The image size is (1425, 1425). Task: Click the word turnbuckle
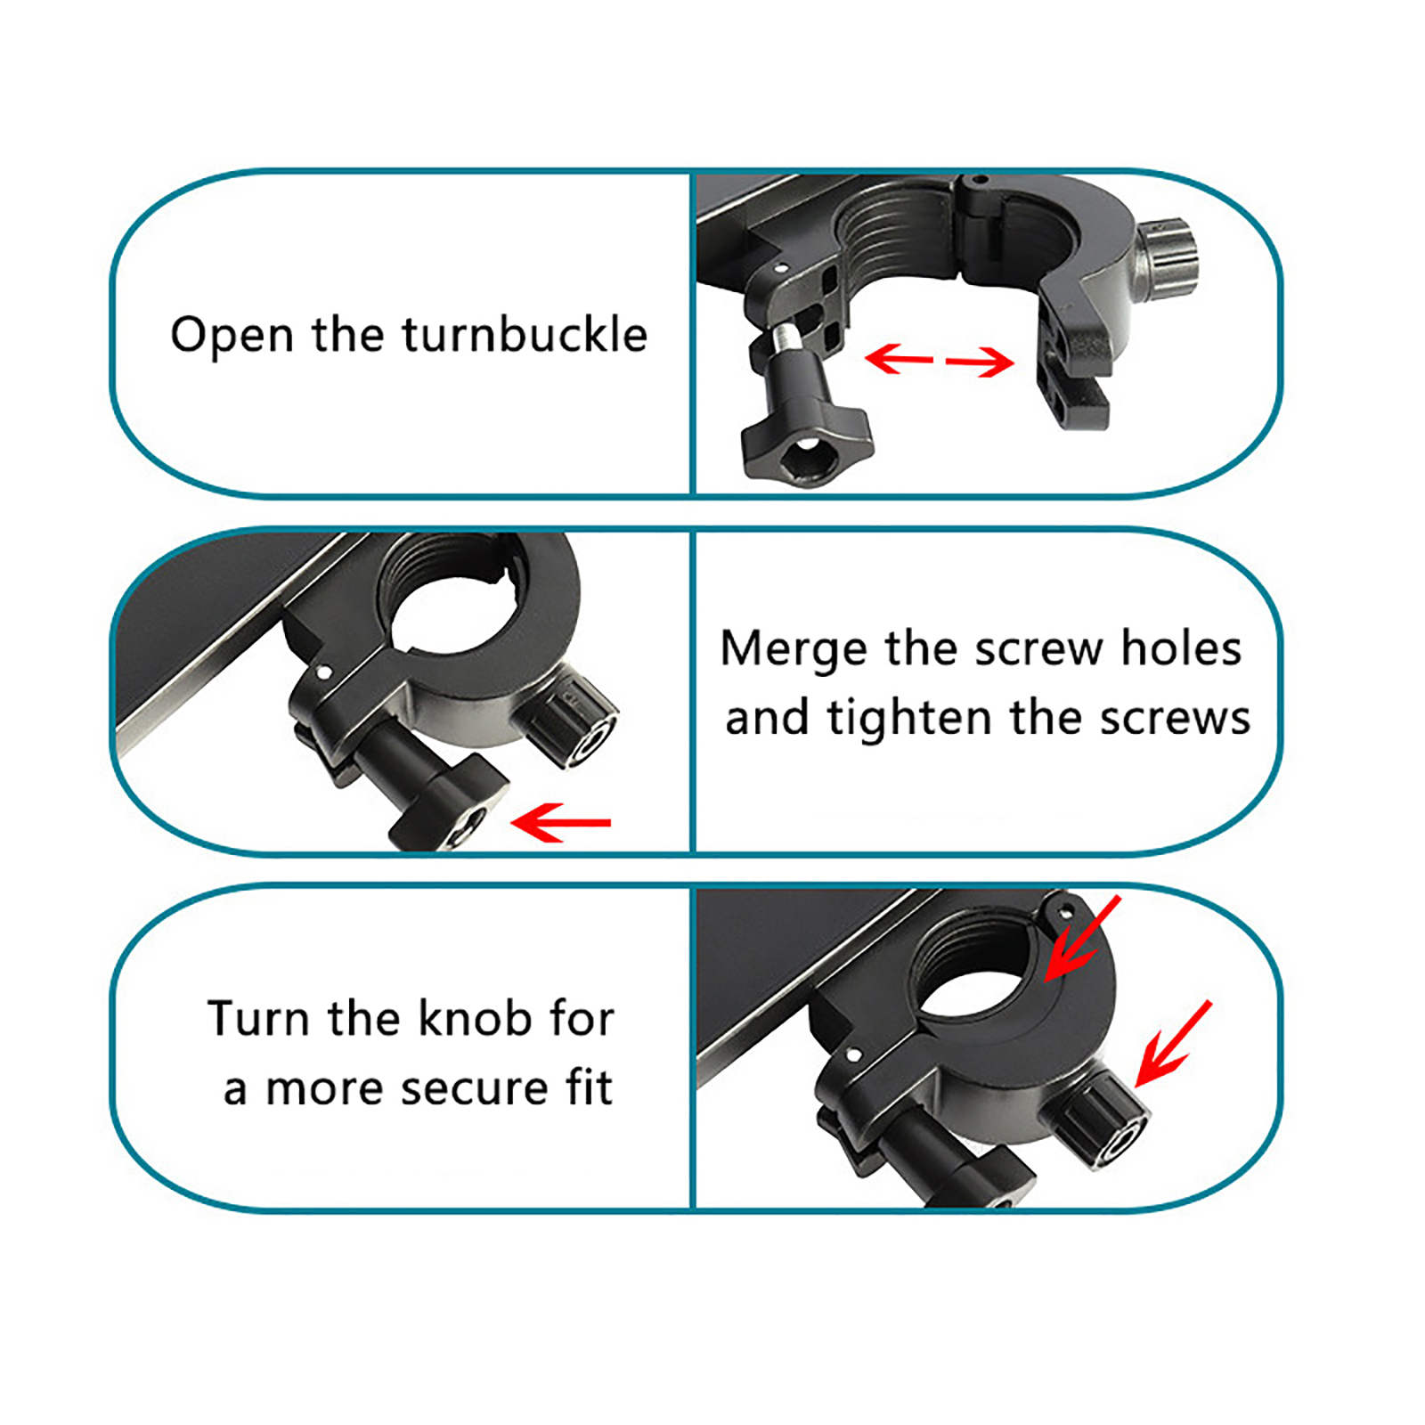525,335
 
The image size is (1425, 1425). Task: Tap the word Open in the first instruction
232,337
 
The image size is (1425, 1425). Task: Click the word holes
1181,647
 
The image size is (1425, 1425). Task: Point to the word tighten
909,719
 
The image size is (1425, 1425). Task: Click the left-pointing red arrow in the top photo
899,359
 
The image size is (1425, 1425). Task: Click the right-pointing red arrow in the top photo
980,362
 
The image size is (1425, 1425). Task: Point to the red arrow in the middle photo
561,822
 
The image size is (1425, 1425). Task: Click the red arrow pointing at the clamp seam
1080,939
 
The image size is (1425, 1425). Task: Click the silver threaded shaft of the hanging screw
786,338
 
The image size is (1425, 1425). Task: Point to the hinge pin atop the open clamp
977,181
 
